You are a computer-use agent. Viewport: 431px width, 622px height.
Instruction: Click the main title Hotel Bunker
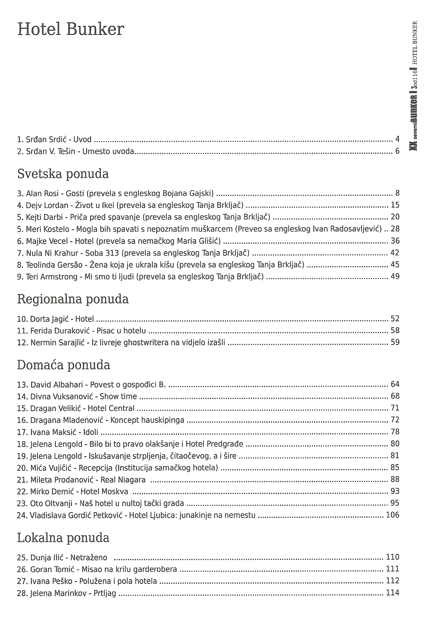(x=70, y=29)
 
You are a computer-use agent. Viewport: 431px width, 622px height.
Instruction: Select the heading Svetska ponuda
(x=63, y=174)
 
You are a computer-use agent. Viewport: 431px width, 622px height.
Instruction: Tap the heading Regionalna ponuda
(x=73, y=299)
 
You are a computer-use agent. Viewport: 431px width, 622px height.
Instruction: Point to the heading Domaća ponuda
(x=63, y=365)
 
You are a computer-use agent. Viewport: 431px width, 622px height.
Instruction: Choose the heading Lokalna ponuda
(x=63, y=538)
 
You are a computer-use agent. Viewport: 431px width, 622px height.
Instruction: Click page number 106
(x=393, y=515)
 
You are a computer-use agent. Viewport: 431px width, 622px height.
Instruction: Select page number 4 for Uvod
(x=397, y=139)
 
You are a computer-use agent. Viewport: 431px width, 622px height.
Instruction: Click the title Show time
(x=118, y=396)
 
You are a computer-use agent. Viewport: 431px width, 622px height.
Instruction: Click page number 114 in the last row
(x=393, y=593)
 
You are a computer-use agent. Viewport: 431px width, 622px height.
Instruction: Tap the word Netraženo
(x=89, y=558)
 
